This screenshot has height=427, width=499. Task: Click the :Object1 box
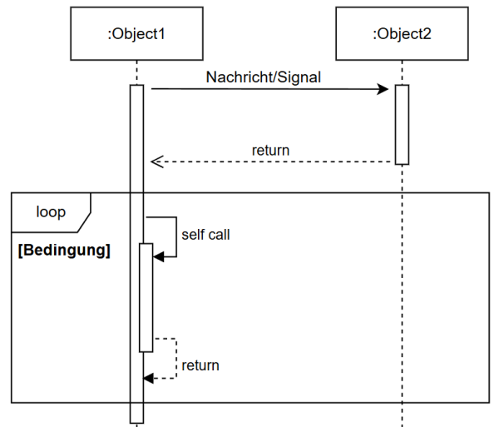136,34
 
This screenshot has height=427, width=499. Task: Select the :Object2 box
402,34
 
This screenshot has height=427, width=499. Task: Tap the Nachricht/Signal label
263,77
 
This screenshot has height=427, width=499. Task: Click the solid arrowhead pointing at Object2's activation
385,88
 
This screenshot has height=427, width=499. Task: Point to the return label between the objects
270,151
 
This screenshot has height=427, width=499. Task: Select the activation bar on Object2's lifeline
402,125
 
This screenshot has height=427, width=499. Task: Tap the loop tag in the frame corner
50,212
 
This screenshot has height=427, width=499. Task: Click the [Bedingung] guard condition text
64,250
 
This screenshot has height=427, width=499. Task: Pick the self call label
205,235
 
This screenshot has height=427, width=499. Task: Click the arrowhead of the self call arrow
160,257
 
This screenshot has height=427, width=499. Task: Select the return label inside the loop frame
200,365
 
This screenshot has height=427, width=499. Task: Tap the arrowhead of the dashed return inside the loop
149,378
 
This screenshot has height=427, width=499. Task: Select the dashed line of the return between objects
274,161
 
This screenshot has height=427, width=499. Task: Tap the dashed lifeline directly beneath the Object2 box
402,72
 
